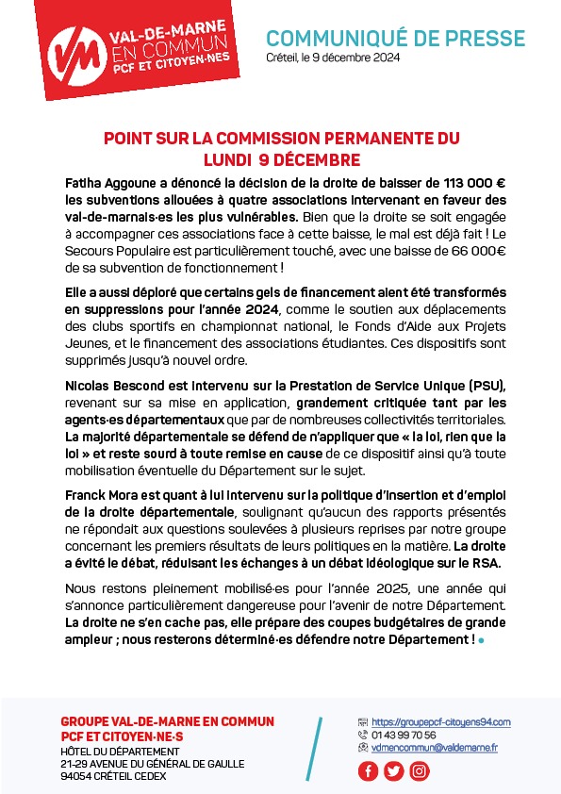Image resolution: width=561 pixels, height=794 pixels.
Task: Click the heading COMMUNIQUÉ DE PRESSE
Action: tap(395, 38)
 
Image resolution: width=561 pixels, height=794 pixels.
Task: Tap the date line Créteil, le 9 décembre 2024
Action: tap(333, 58)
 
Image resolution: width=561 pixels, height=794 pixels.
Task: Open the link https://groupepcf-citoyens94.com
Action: tap(440, 722)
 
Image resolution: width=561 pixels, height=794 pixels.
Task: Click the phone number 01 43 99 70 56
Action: tap(404, 735)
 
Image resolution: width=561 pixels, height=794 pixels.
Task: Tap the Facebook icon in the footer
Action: tap(368, 770)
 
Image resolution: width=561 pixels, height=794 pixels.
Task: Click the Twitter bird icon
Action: tap(393, 770)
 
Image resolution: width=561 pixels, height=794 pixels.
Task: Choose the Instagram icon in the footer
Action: tap(419, 770)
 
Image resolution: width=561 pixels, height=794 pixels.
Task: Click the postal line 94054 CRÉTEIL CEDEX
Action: tap(112, 776)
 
